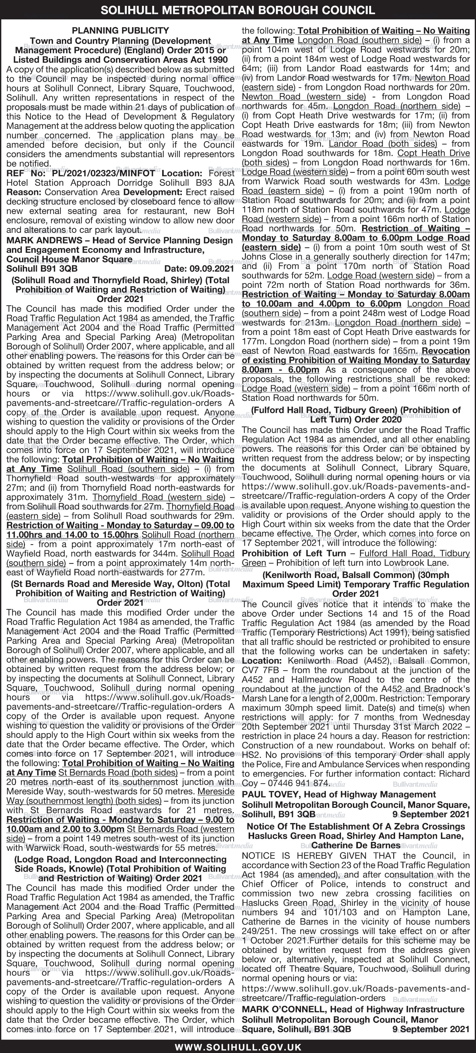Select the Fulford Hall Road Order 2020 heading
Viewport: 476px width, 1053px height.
(x=355, y=414)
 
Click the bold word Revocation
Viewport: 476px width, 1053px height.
(x=446, y=351)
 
